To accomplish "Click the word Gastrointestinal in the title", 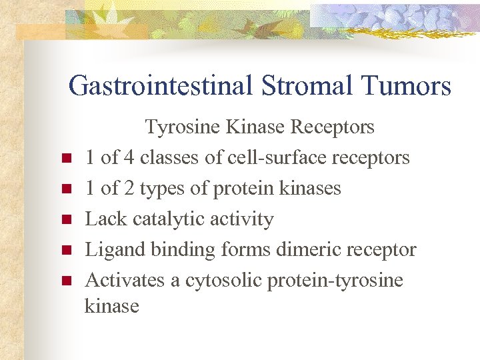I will [159, 86].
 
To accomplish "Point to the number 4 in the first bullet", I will [127, 158].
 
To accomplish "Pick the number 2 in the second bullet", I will [127, 189].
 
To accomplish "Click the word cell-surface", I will [275, 158].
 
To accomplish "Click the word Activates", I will [125, 281].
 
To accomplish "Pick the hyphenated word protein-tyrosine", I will [335, 281].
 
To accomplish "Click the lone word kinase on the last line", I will [112, 307].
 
